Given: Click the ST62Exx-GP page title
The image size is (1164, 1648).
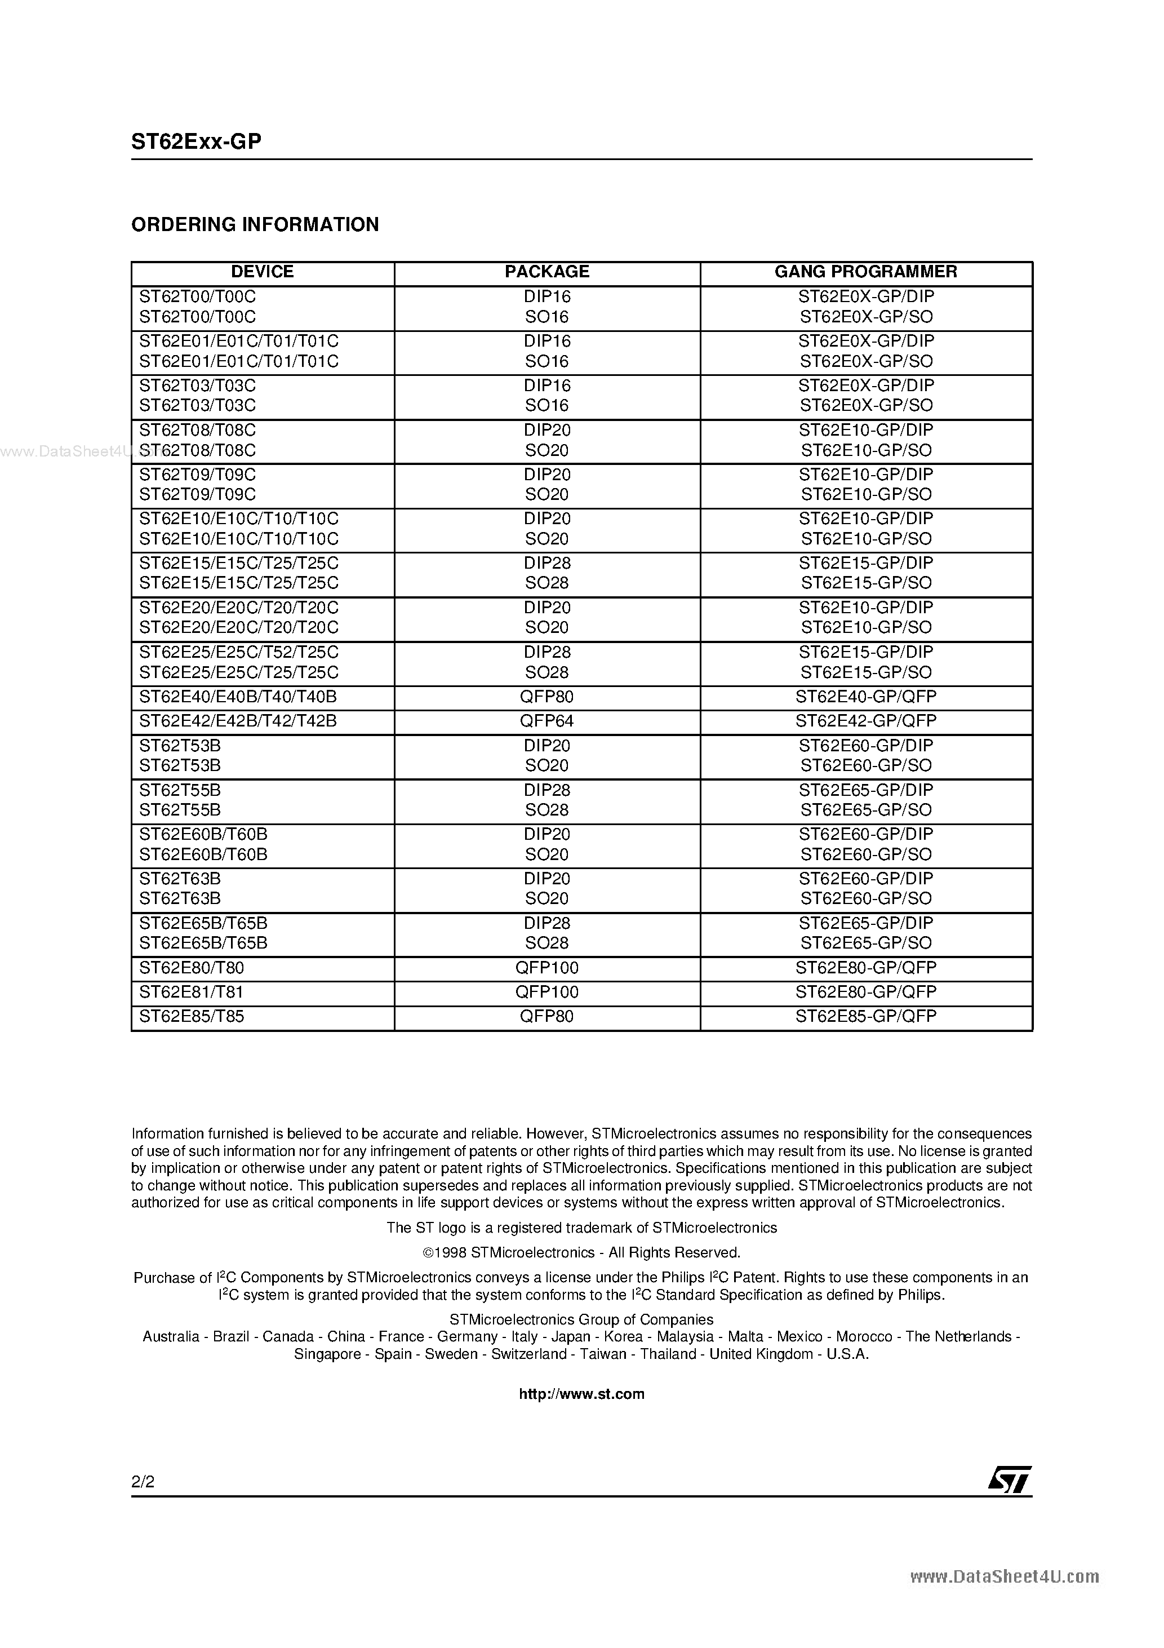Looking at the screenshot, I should (196, 142).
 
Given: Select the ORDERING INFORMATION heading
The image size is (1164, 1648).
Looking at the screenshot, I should (255, 225).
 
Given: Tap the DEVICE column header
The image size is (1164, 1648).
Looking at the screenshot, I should (262, 271).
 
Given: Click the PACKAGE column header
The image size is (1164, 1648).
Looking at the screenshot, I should (547, 271).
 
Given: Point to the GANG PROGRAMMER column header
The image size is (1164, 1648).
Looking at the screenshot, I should (865, 271).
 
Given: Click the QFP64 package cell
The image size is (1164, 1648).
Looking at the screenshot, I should (547, 721).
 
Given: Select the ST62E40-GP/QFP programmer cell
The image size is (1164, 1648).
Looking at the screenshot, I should (865, 696).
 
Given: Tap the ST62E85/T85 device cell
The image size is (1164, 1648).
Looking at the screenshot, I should (192, 1016).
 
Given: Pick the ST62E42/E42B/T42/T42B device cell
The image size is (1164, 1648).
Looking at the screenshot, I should (238, 721).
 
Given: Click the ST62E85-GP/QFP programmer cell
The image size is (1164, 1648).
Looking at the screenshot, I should (865, 1016).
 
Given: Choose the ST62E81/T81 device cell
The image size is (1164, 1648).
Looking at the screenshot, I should (192, 992).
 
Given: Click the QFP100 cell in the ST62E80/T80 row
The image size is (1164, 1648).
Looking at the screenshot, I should (547, 968).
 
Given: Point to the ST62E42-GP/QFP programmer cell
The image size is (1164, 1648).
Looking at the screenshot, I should (865, 721).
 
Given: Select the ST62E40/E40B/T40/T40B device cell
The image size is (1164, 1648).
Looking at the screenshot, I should (238, 696).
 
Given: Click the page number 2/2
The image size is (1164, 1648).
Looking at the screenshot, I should (143, 1482).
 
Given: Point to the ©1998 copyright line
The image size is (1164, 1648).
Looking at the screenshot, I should (581, 1252).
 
